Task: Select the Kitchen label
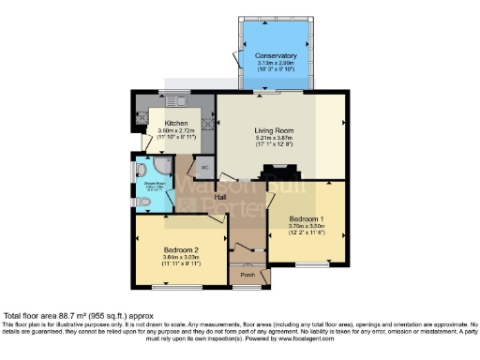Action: click(x=175, y=124)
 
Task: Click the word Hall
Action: click(x=221, y=198)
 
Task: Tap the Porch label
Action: click(x=247, y=275)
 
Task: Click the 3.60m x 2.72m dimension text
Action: click(x=175, y=131)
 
